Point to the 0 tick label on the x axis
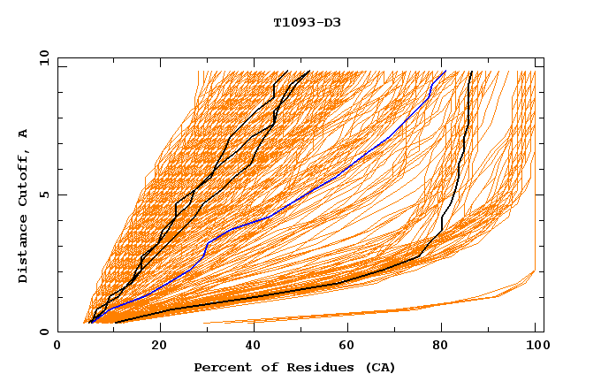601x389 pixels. (x=57, y=347)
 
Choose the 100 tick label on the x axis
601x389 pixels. (x=536, y=347)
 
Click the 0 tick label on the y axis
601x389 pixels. (x=44, y=332)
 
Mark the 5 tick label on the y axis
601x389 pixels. (x=44, y=195)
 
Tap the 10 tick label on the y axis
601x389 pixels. (x=42, y=58)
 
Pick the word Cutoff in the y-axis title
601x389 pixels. (x=23, y=177)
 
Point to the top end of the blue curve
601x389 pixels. (x=445, y=72)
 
